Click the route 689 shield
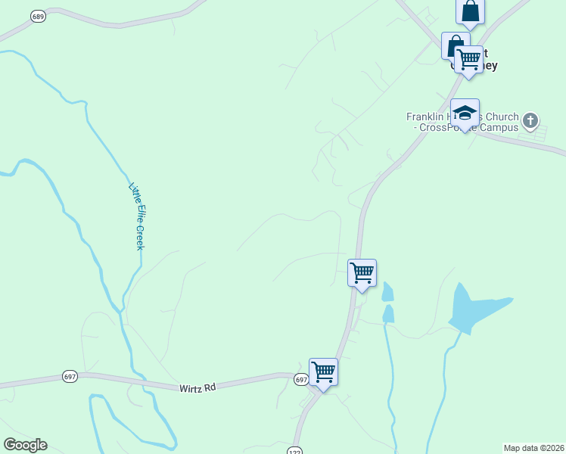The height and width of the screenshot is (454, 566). click(x=37, y=16)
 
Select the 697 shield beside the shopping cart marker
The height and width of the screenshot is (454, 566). click(x=300, y=379)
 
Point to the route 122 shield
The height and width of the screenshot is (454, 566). click(x=294, y=450)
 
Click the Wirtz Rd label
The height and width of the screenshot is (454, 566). click(x=197, y=387)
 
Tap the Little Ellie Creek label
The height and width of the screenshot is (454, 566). click(x=137, y=216)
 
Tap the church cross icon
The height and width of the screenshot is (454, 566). click(x=530, y=120)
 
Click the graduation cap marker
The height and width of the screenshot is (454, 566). click(x=465, y=113)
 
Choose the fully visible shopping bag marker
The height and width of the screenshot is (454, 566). click(x=470, y=11)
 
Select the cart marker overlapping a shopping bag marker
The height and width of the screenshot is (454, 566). click(x=469, y=59)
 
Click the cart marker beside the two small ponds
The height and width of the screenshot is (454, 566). click(x=362, y=272)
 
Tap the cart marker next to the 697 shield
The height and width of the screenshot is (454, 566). click(x=323, y=372)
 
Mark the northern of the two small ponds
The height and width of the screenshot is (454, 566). click(x=388, y=291)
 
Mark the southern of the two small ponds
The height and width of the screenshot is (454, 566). click(x=388, y=313)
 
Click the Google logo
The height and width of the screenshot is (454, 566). click(x=25, y=445)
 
